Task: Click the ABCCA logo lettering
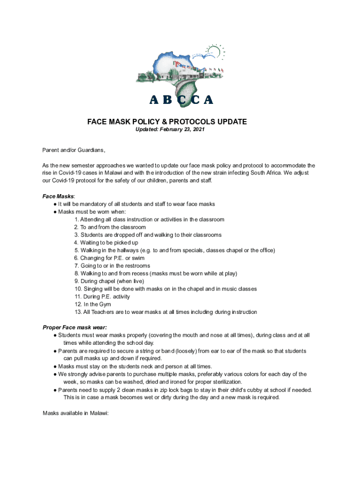181,100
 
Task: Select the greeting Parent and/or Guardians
74,150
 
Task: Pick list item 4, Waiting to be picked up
106,243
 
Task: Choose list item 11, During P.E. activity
102,297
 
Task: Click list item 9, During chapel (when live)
109,281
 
